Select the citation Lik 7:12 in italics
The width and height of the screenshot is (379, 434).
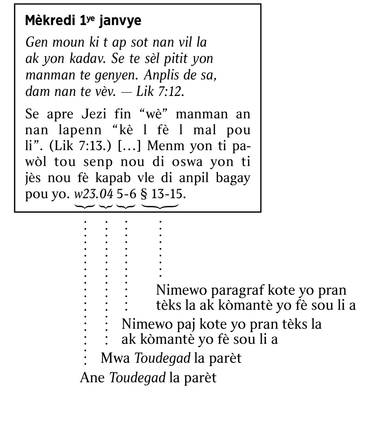[x=159, y=92]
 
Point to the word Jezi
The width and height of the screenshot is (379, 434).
[x=94, y=114]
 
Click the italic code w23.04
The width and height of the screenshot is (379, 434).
[x=93, y=194]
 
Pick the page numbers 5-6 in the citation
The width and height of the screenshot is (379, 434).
[x=126, y=194]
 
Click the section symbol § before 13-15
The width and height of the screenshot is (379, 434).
[x=144, y=194]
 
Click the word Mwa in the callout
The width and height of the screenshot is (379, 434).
[x=115, y=358]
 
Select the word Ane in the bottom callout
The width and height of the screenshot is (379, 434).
[x=92, y=377]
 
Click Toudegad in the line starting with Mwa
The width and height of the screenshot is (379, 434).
[x=162, y=358]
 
